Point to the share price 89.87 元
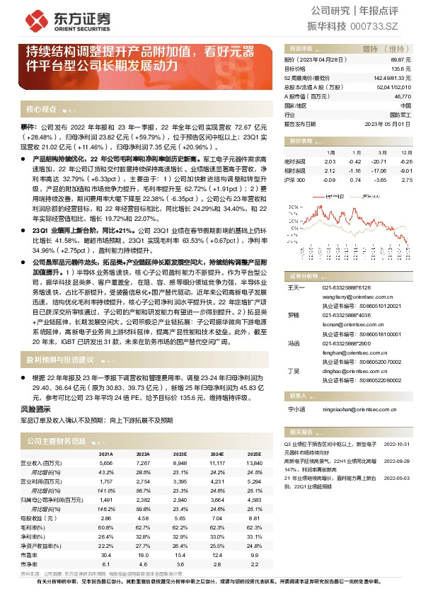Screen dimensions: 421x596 coord(400,61)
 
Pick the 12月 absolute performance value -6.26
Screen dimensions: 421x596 coord(405,161)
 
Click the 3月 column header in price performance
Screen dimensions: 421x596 coord(380,152)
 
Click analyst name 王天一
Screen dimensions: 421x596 coord(295,287)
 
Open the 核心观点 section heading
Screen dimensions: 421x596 coord(40,109)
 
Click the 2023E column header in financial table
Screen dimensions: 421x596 coord(180,454)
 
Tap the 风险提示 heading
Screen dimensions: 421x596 coord(35,408)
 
